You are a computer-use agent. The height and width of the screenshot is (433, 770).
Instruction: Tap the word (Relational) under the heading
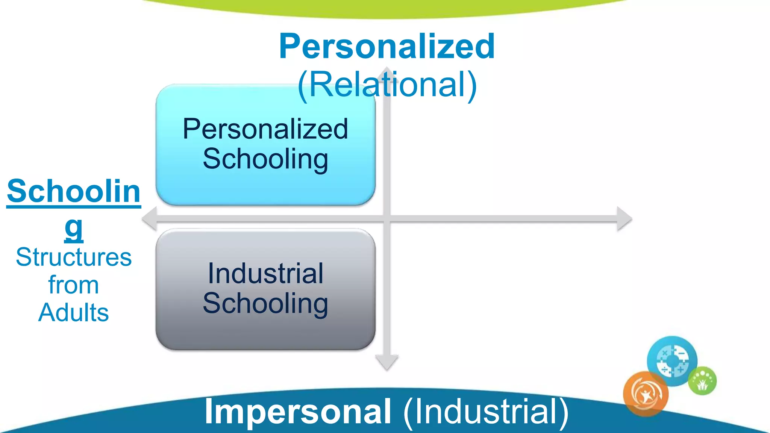387,85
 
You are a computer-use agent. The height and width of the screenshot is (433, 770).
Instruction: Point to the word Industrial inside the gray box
265,274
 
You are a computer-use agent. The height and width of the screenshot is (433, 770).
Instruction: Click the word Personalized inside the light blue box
265,129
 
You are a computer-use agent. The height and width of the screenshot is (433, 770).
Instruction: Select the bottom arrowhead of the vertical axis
387,362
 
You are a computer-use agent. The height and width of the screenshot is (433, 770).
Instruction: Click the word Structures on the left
74,258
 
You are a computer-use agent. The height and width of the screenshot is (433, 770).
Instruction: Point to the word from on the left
74,285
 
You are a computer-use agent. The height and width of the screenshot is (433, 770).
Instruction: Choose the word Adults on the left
74,313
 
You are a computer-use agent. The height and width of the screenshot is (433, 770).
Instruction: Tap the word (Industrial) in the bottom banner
486,412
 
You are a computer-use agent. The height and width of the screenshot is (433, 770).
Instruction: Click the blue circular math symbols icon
672,361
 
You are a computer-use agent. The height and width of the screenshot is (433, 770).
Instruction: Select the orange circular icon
646,394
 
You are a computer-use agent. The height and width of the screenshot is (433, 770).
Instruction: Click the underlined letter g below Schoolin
74,228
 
